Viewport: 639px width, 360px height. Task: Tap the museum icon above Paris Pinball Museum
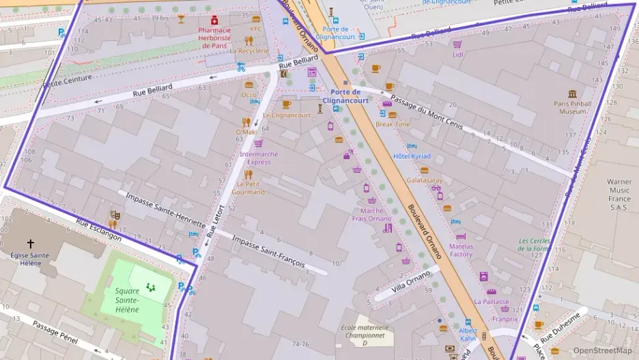(x=572, y=94)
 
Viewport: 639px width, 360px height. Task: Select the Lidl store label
(x=457, y=55)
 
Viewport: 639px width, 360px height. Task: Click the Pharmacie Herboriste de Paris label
(x=214, y=38)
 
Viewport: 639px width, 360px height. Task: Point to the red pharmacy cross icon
(x=214, y=20)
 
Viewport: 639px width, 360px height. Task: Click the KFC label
(x=256, y=29)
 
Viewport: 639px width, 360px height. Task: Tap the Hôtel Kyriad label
(x=412, y=156)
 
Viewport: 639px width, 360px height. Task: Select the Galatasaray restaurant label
(x=425, y=180)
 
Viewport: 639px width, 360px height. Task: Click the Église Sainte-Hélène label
(x=30, y=259)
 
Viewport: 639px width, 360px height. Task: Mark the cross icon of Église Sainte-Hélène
(x=30, y=243)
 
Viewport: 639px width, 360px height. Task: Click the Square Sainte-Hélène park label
(x=127, y=300)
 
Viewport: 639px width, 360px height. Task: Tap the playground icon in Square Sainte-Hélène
(x=150, y=287)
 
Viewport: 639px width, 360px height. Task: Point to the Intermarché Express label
(x=259, y=158)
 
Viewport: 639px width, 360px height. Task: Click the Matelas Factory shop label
(x=461, y=250)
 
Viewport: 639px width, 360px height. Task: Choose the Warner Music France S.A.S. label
(x=619, y=195)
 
